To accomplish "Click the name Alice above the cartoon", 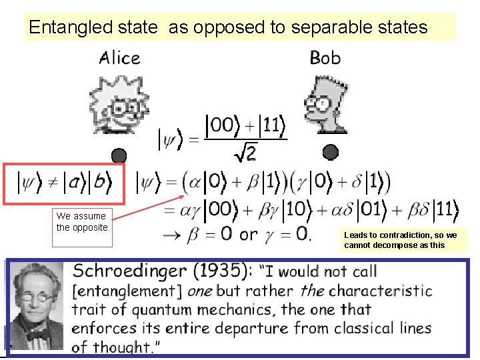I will tap(120, 58).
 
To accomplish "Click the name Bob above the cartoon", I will tap(325, 58).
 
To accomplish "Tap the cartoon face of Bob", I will tap(325, 103).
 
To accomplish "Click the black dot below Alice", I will tap(119, 155).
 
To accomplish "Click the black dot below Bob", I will tap(331, 153).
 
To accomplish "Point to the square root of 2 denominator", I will tap(246, 153).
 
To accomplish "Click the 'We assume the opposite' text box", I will tap(82, 222).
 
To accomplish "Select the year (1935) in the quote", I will tap(220, 271).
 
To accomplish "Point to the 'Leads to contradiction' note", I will tap(400, 240).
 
